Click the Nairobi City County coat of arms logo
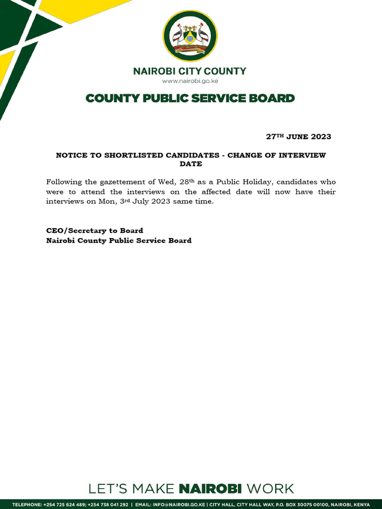190,36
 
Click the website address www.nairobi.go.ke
190,81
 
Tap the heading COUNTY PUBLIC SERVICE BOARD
190,98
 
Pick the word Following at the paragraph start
64,182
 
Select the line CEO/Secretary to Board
95,231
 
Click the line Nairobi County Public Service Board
118,241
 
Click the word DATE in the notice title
191,164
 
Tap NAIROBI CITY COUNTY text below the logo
190,71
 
